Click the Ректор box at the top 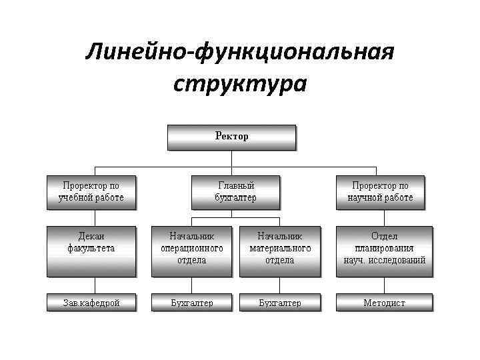pyautogui.click(x=231, y=137)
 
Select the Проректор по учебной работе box pyautogui.click(x=91, y=192)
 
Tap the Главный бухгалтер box pyautogui.click(x=235, y=192)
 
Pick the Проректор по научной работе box pyautogui.click(x=380, y=192)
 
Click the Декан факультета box pyautogui.click(x=91, y=250)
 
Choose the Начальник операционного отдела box pyautogui.click(x=191, y=250)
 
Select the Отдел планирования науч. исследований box pyautogui.click(x=384, y=250)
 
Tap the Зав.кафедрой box pyautogui.click(x=91, y=303)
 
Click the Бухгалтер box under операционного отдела pyautogui.click(x=191, y=303)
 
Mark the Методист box pyautogui.click(x=384, y=303)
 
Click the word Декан pyautogui.click(x=91, y=236)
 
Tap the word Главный pyautogui.click(x=236, y=185)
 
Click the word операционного pyautogui.click(x=191, y=248)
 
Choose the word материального pyautogui.click(x=280, y=248)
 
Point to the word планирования pyautogui.click(x=384, y=248)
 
